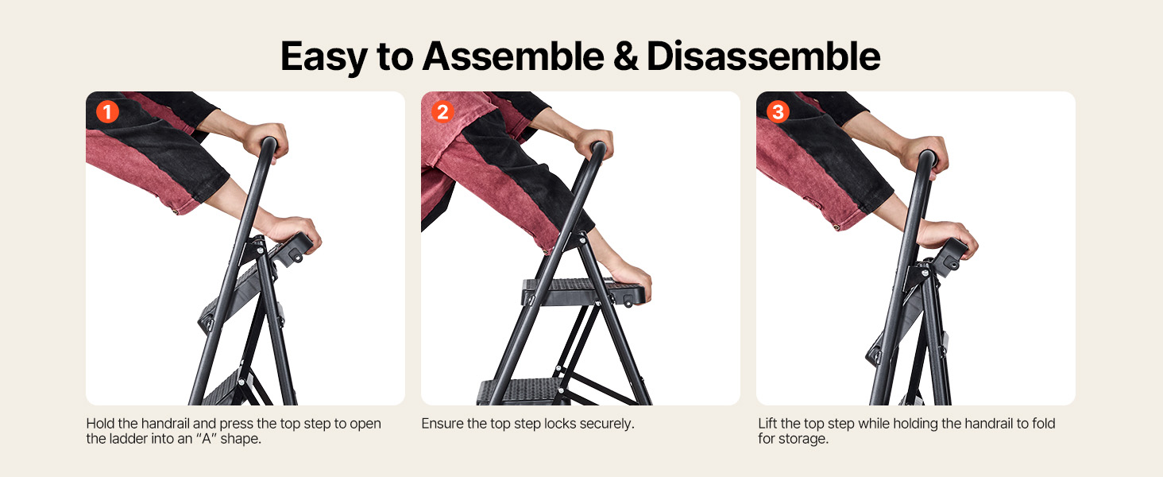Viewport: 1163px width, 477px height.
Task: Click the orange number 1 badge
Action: tap(107, 112)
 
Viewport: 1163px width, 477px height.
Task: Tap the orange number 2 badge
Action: tap(442, 112)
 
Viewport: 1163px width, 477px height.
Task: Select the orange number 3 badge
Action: tap(778, 112)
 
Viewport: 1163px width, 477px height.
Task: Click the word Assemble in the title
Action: tap(513, 56)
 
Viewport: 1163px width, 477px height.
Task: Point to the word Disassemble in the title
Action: tap(763, 56)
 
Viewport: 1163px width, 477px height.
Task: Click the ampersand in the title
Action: tap(625, 56)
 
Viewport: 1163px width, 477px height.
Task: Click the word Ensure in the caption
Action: tap(442, 424)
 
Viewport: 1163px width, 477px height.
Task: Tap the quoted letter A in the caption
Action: tap(206, 439)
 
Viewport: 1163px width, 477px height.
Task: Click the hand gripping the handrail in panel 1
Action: tap(265, 139)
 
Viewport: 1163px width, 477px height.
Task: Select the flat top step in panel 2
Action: tap(584, 292)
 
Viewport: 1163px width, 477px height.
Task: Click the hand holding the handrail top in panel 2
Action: tap(593, 144)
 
